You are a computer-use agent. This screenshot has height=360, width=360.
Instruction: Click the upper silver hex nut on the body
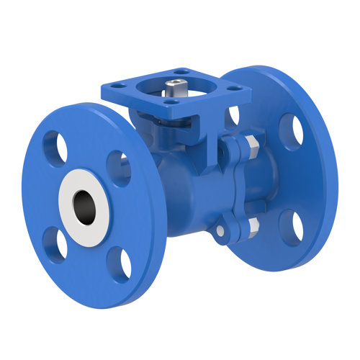point(251,150)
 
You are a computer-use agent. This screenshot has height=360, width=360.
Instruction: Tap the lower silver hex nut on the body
point(251,229)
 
